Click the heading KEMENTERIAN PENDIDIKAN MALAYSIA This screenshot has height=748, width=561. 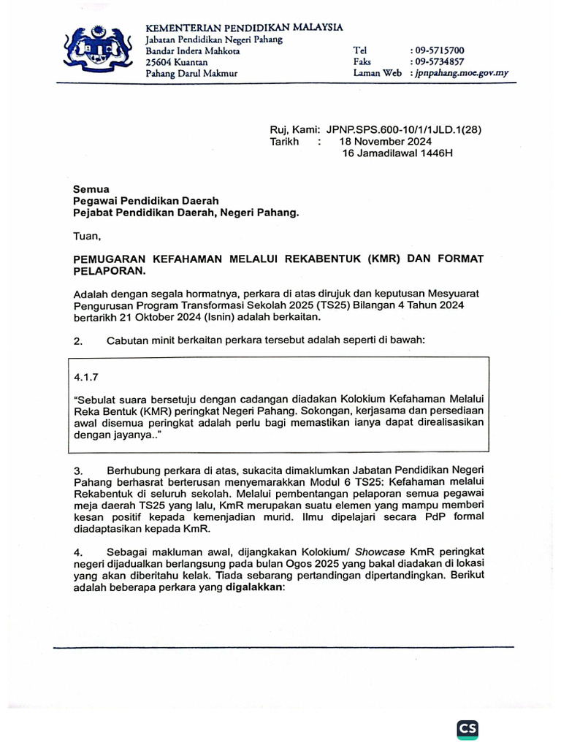(x=244, y=27)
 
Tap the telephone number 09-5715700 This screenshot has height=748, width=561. (x=438, y=50)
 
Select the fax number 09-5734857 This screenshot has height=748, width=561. (x=438, y=62)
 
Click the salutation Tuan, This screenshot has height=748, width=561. (x=88, y=236)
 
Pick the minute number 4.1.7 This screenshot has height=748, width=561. (x=86, y=378)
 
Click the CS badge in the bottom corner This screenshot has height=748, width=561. (x=467, y=729)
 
